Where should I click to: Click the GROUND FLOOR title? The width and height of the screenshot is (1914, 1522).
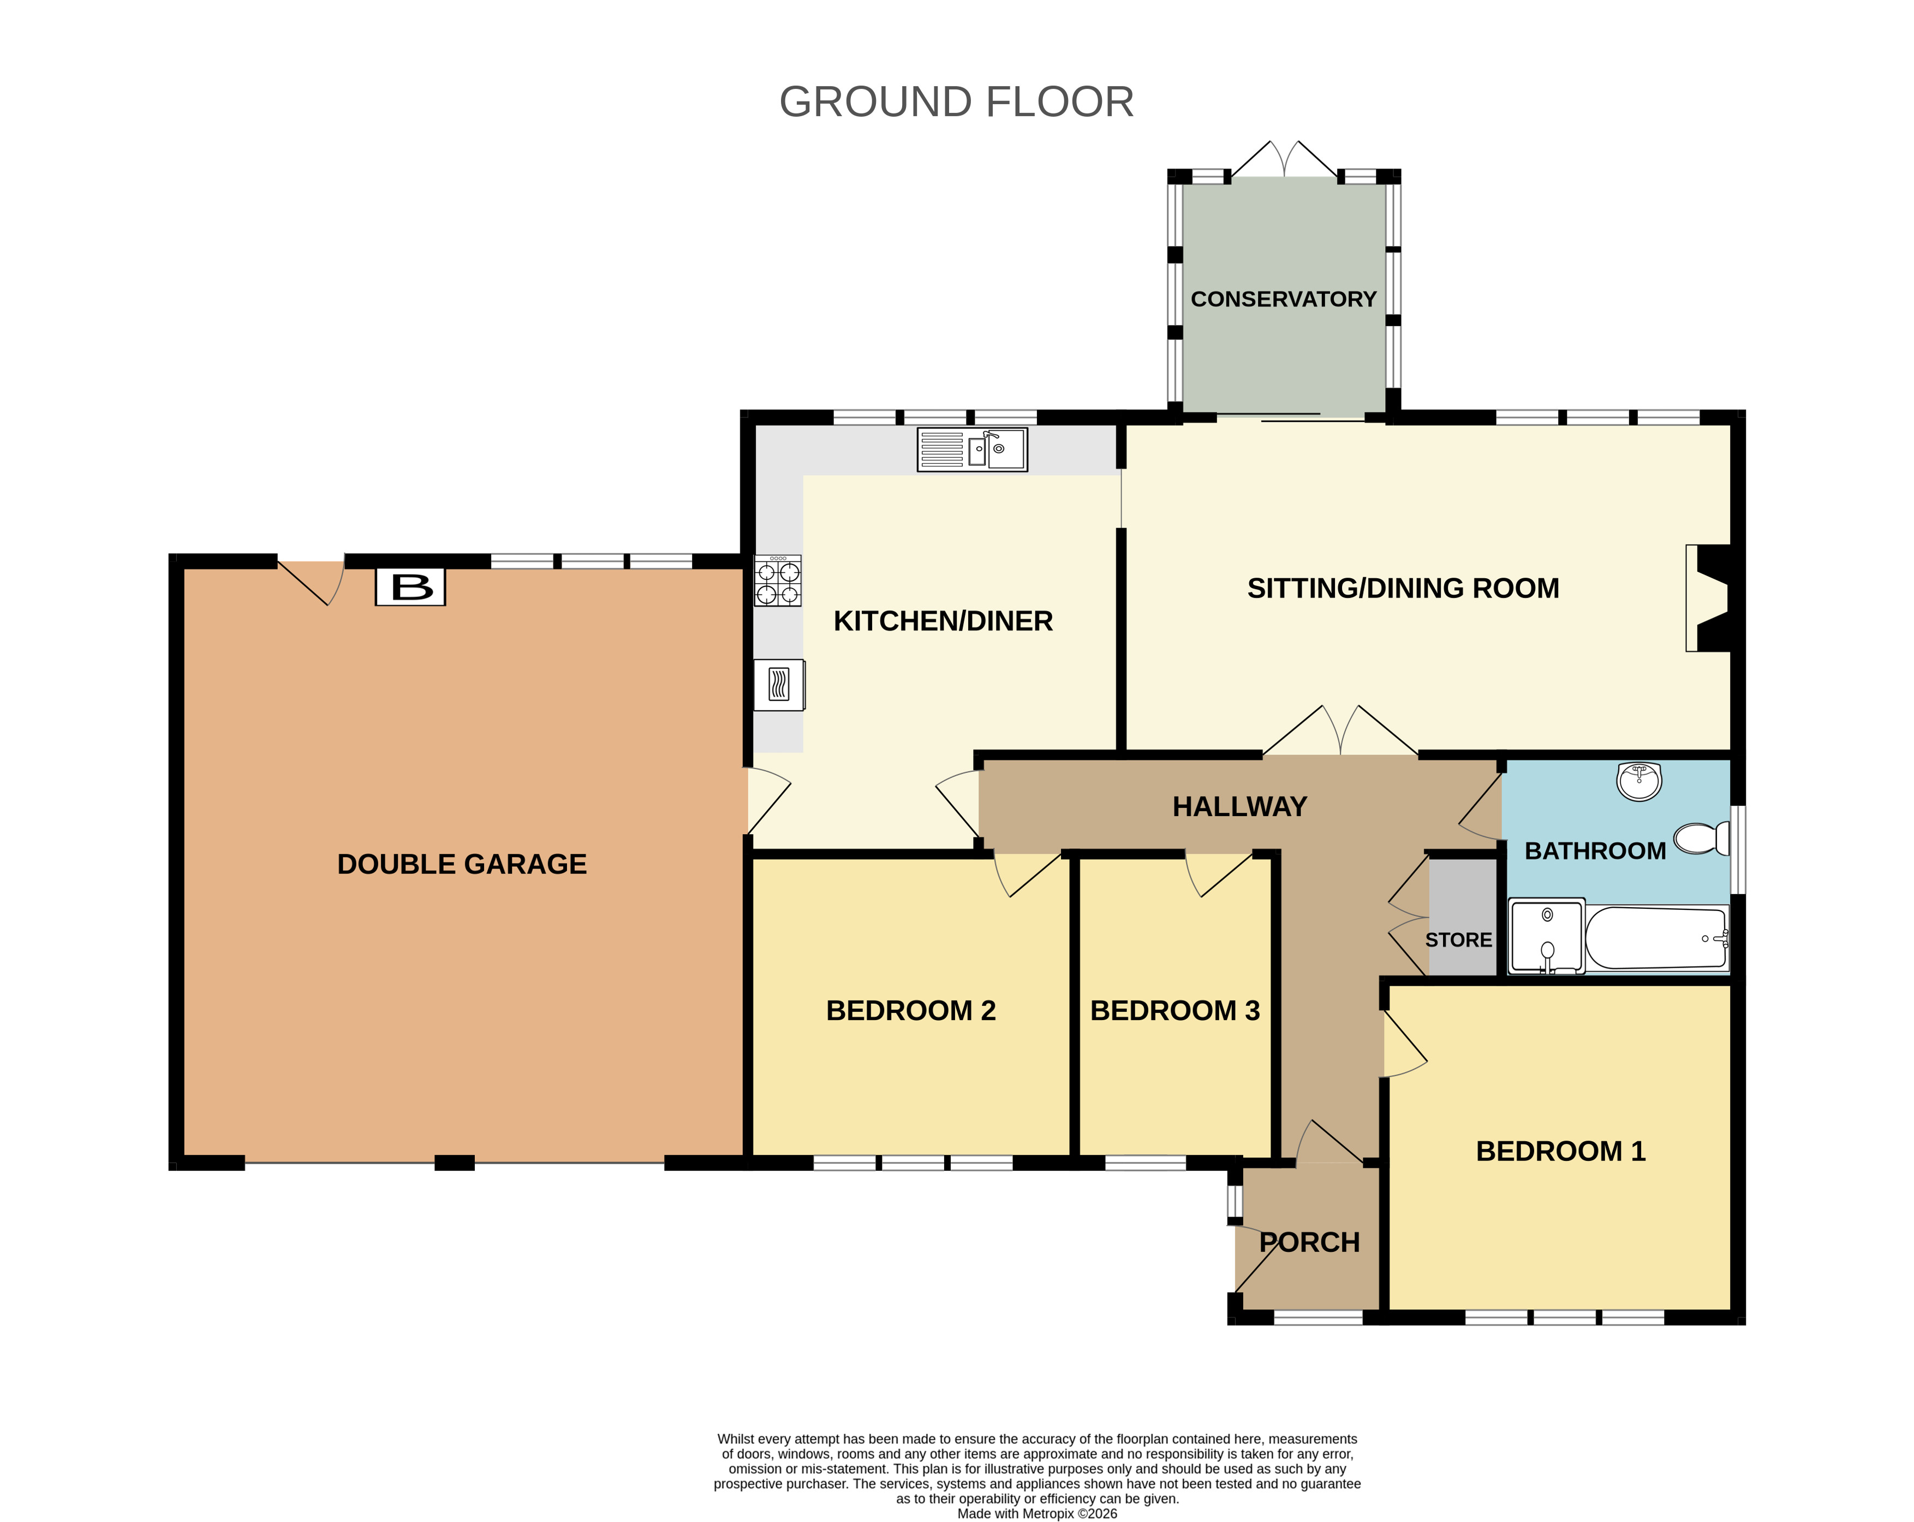click(x=956, y=102)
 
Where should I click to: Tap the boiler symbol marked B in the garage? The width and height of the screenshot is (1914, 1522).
click(x=410, y=586)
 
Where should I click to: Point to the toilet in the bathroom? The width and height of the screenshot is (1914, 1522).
click(x=1702, y=838)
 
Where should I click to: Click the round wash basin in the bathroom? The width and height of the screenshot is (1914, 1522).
click(x=1639, y=781)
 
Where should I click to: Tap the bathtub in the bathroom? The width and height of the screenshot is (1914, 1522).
click(x=1656, y=937)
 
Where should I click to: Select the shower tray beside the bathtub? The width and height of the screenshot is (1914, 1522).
click(x=1547, y=936)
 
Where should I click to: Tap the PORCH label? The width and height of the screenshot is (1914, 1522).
click(x=1309, y=1243)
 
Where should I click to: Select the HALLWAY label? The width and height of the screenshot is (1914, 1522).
click(x=1239, y=807)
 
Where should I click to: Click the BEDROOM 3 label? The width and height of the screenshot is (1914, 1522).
click(x=1174, y=1011)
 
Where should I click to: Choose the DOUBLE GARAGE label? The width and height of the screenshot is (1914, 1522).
click(x=462, y=865)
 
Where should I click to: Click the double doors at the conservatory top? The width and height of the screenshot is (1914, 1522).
click(x=1284, y=160)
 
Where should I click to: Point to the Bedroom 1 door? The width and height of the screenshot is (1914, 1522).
click(x=1404, y=1045)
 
